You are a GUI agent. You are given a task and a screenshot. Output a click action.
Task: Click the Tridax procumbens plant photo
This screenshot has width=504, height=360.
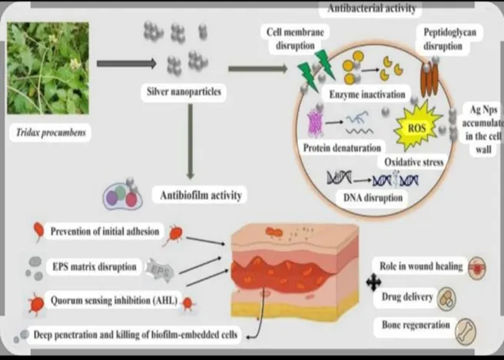pos(48,68)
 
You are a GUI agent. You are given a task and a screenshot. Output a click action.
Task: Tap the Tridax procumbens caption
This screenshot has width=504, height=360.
pos(51,132)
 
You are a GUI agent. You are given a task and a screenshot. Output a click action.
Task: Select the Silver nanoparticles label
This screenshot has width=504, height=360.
pos(184,91)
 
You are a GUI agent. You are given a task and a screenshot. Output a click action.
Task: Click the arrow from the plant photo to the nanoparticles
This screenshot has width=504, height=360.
pos(127,64)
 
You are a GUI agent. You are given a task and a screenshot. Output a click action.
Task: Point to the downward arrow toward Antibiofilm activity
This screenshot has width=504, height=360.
pos(191,141)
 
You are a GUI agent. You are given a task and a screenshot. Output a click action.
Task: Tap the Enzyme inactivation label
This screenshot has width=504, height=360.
pos(367,94)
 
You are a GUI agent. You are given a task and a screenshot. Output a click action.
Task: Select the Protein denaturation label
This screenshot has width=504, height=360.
pos(342,148)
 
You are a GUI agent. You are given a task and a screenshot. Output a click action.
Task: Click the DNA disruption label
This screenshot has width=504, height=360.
pos(373,197)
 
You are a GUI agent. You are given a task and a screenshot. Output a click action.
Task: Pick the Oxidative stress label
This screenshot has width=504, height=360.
pos(414,162)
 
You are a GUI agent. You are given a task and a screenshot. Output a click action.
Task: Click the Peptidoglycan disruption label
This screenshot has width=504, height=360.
pos(449,39)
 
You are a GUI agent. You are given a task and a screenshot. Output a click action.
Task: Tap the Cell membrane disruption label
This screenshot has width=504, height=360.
pos(295,38)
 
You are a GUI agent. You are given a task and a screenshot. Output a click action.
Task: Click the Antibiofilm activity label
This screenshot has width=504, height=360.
pos(201,195)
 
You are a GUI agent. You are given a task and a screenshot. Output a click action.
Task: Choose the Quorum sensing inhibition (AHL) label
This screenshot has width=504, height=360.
pos(114,300)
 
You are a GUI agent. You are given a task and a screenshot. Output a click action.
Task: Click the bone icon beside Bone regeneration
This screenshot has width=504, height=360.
pos(466,332)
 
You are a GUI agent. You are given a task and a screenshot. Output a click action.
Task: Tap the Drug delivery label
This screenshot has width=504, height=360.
pos(407,296)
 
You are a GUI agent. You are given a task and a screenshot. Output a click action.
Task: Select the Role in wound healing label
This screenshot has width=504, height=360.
pos(421,266)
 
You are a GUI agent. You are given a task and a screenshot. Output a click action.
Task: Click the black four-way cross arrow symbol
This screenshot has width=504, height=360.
pos(373,282)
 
